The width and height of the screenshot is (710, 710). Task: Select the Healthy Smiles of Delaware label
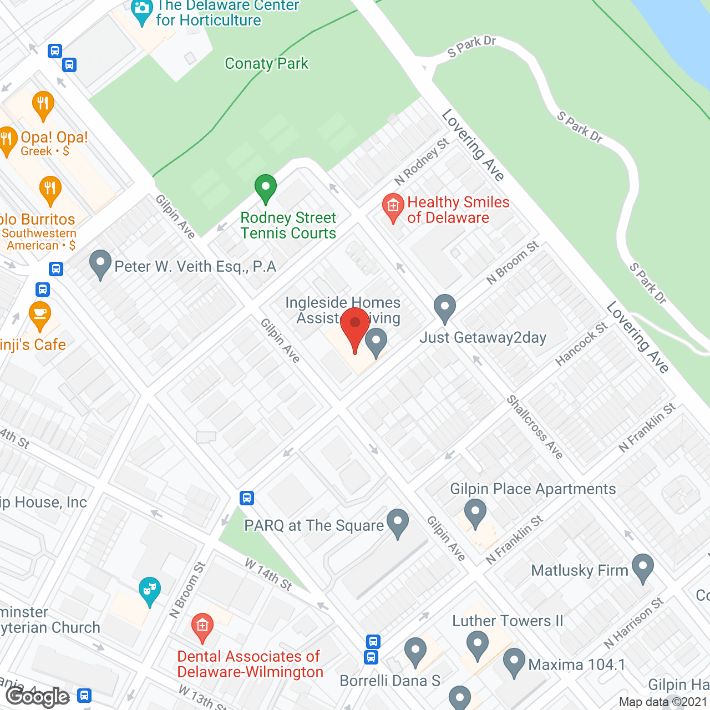click(458, 210)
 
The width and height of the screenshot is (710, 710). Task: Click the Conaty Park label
click(266, 64)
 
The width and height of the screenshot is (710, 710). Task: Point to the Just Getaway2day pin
click(444, 308)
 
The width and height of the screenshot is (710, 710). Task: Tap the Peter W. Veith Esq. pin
click(100, 264)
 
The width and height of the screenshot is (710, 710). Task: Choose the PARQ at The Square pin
click(398, 523)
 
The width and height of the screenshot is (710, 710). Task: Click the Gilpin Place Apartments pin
click(475, 513)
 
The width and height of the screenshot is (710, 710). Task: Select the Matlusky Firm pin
click(643, 568)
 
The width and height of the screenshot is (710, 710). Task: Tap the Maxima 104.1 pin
click(514, 662)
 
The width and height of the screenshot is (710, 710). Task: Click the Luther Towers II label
click(508, 621)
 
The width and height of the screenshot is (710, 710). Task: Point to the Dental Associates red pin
click(202, 627)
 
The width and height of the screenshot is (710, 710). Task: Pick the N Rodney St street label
click(422, 161)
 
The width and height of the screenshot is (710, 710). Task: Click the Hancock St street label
click(581, 344)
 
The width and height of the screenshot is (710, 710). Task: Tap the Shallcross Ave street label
click(535, 427)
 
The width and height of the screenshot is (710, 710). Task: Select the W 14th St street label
click(268, 575)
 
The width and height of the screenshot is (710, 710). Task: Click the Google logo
click(38, 697)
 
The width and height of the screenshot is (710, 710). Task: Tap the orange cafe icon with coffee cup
click(40, 315)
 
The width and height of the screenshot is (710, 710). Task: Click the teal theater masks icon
click(149, 590)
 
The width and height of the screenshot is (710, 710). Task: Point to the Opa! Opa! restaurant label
click(54, 138)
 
